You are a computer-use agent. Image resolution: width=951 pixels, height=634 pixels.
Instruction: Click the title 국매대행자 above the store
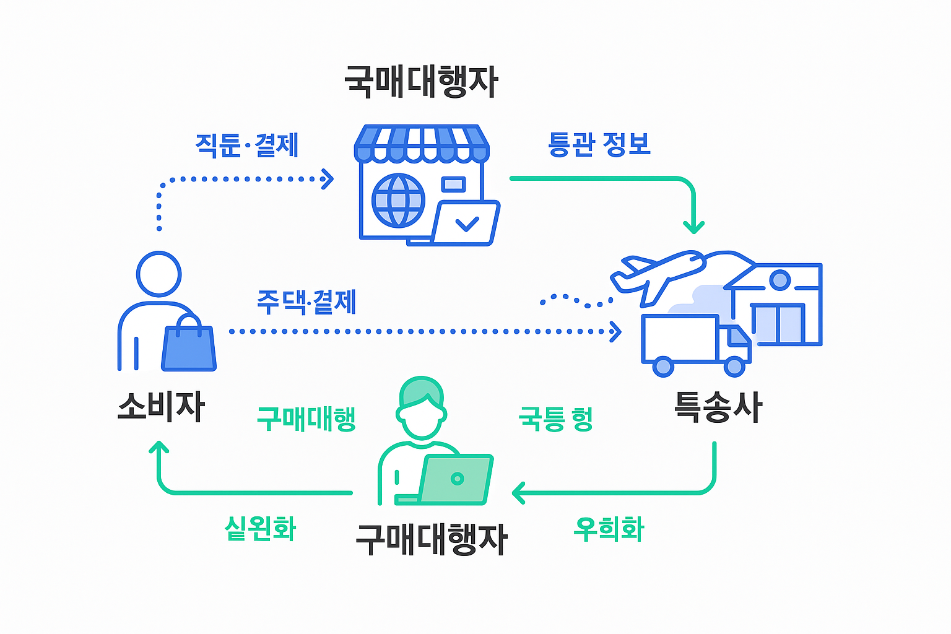point(421,82)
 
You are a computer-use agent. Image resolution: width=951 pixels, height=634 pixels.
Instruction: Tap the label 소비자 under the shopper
point(161,407)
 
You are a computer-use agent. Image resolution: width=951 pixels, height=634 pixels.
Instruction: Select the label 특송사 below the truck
point(718,407)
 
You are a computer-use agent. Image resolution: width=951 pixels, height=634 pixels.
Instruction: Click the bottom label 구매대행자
point(432,539)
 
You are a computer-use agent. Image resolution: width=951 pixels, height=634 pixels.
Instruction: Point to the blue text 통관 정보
point(599,144)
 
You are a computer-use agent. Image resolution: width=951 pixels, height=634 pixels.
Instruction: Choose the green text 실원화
point(260,529)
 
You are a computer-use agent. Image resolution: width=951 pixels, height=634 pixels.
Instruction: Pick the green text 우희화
point(609,529)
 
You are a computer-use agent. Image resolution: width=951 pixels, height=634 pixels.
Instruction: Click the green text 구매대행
point(306,419)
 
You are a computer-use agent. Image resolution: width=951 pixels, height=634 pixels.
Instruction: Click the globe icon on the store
point(398,201)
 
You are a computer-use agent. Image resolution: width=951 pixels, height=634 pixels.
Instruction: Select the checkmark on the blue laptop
point(467,223)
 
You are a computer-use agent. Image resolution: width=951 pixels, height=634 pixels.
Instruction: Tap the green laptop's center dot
point(458,479)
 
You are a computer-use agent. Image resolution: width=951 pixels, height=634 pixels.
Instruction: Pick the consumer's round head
point(159,274)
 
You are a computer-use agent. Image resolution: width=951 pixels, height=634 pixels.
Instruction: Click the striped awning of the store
point(422,142)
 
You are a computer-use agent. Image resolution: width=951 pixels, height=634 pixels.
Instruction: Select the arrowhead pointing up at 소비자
point(159,447)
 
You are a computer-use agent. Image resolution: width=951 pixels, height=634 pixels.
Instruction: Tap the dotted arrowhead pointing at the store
point(328,179)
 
